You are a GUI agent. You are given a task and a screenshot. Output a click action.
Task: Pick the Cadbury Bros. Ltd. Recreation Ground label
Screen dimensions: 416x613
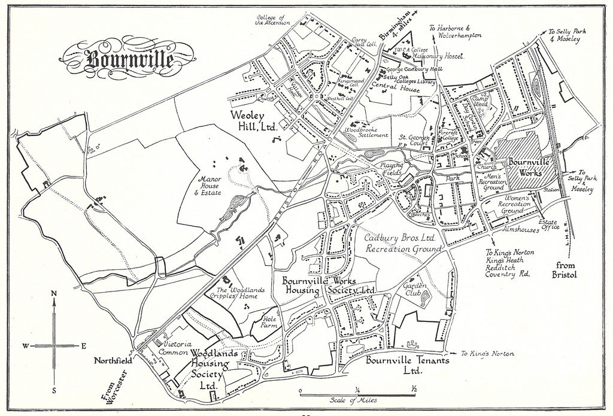coord(403,242)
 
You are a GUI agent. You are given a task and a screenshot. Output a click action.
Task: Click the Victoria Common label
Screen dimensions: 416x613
coord(177,348)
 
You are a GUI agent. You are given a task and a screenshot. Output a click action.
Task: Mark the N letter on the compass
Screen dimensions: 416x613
coord(54,293)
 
